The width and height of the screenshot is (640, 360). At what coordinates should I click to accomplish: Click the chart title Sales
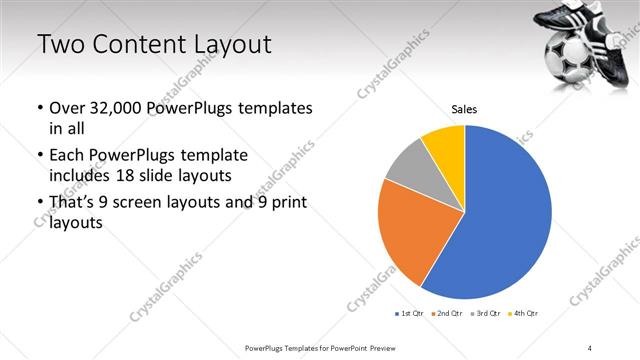[464, 108]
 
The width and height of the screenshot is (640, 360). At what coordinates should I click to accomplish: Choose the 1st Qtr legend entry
[410, 314]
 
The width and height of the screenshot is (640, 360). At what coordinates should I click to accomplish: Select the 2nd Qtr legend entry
[446, 314]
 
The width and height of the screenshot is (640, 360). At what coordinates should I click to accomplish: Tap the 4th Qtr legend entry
[524, 314]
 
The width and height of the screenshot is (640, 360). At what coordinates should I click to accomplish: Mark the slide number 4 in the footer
[590, 347]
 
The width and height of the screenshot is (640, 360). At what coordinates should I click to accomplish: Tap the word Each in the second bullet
[66, 156]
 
